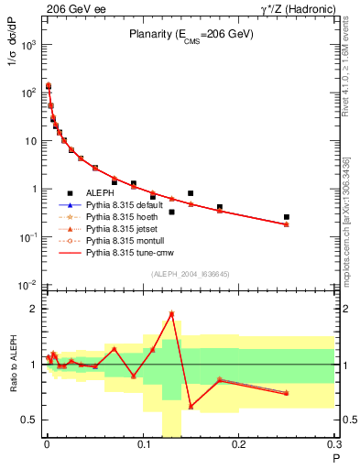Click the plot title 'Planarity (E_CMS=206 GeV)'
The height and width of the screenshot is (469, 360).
[x=189, y=35]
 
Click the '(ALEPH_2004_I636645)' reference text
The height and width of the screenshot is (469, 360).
[x=189, y=275]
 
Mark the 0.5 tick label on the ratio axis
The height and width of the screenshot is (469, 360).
[x=28, y=420]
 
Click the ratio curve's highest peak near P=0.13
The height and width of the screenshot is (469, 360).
[x=171, y=313]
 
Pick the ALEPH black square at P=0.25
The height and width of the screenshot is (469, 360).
[x=287, y=217]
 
